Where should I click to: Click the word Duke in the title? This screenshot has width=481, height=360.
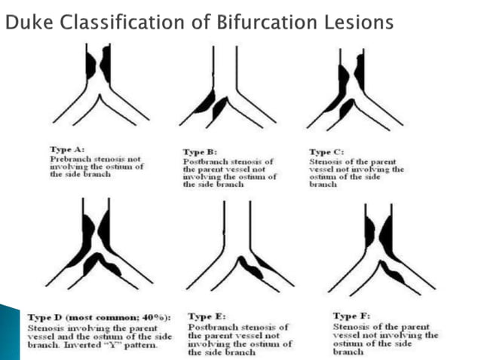coord(24,23)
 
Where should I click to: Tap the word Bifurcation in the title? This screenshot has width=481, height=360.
coord(239,23)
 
